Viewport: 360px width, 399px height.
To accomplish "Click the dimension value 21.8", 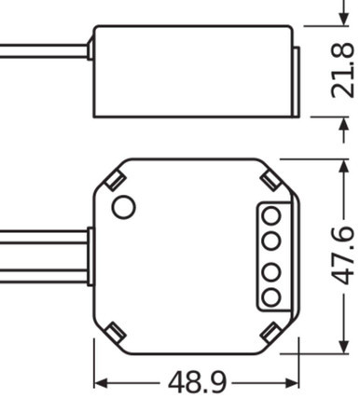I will click(x=343, y=71).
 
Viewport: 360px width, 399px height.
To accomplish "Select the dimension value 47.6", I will click(x=343, y=255).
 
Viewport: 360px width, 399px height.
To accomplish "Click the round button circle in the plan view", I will click(x=122, y=207).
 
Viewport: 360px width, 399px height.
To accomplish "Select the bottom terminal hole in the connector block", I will click(x=271, y=297).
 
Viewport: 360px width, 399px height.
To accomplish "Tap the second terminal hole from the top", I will click(x=271, y=241).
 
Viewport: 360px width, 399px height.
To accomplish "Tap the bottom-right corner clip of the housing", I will click(x=270, y=331).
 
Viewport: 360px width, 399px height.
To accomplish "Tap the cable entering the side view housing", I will click(x=42, y=48).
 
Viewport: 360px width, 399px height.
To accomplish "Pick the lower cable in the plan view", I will click(x=42, y=273).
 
